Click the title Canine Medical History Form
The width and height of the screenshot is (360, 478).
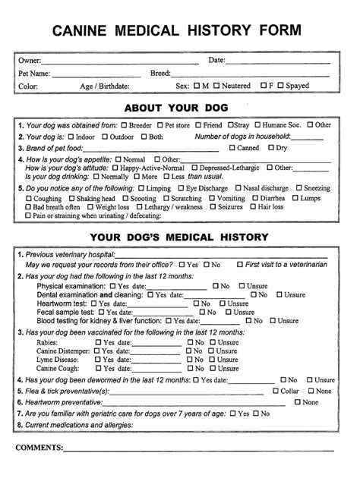pyautogui.click(x=176, y=30)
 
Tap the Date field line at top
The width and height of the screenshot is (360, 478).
pyautogui.click(x=277, y=61)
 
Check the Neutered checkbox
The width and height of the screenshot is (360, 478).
pyautogui.click(x=217, y=86)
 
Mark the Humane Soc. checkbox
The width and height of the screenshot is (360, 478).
pyautogui.click(x=258, y=124)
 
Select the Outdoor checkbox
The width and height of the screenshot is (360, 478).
pyautogui.click(x=104, y=137)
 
